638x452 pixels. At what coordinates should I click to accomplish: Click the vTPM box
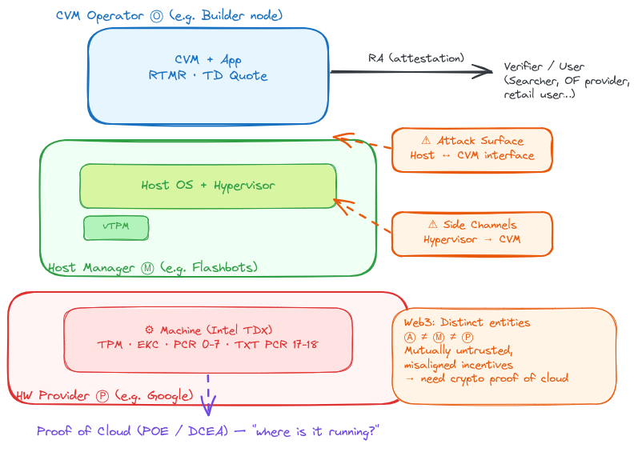116,227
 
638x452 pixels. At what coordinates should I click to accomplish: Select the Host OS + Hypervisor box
207,186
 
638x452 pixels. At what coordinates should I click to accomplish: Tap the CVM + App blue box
207,76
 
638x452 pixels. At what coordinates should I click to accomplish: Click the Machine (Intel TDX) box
207,339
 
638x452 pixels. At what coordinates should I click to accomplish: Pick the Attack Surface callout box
471,149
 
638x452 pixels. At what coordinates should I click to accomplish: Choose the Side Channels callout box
471,233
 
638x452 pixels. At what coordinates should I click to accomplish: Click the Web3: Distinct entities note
504,355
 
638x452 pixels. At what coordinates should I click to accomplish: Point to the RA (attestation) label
415,58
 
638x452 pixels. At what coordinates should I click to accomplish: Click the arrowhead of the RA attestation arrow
485,72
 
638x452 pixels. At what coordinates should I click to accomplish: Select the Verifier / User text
544,67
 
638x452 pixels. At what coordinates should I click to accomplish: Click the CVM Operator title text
169,16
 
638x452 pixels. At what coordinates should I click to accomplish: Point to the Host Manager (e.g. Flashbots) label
153,267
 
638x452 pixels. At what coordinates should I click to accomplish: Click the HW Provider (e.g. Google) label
104,395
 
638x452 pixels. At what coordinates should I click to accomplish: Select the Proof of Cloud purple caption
207,431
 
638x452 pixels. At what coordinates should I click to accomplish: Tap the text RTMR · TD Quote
207,76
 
